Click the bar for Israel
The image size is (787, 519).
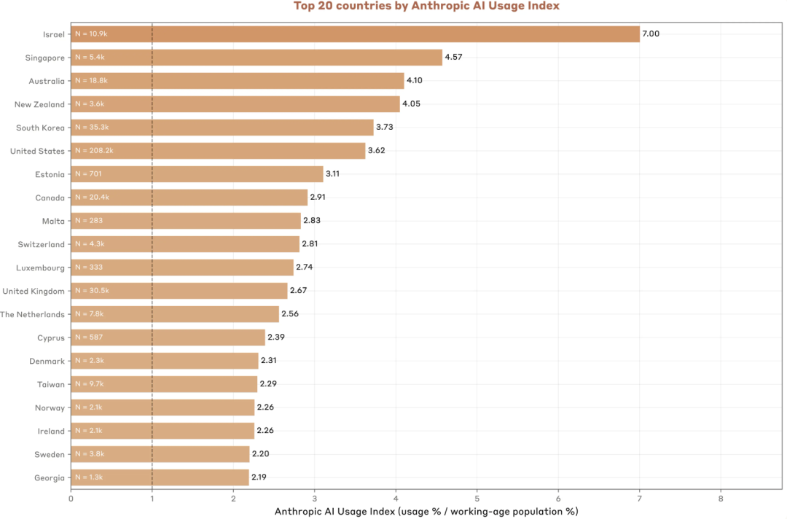click(356, 34)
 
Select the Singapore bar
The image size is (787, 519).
click(257, 57)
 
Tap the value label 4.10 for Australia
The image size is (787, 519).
click(415, 80)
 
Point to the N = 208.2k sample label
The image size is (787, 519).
click(94, 151)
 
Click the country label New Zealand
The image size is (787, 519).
click(39, 104)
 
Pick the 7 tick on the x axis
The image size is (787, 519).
click(640, 499)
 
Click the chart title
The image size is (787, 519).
click(426, 6)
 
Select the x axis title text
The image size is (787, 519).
click(426, 512)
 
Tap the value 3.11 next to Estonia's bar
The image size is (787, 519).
click(332, 173)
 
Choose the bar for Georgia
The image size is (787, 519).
click(160, 477)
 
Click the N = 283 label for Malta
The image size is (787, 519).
click(89, 220)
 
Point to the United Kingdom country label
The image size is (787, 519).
click(34, 291)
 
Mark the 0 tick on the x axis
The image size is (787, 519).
click(71, 499)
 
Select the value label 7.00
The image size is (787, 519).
click(651, 34)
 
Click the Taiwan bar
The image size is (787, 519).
click(164, 384)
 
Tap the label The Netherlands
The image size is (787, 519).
click(33, 315)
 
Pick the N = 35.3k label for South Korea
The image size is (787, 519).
click(92, 127)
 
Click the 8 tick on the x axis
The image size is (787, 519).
click(721, 499)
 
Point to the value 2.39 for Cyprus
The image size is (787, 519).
click(276, 337)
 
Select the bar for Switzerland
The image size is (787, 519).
click(185, 244)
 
